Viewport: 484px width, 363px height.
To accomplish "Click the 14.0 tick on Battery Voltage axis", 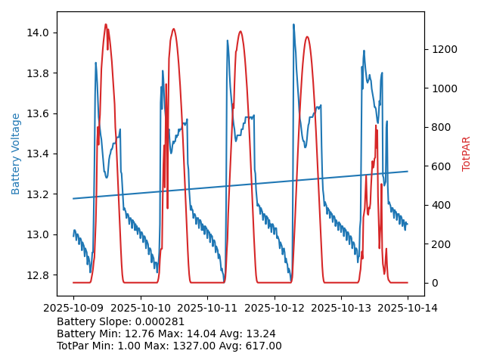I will (39, 33).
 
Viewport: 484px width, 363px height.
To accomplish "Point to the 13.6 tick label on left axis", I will (39, 113).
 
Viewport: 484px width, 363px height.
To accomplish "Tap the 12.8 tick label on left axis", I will (39, 275).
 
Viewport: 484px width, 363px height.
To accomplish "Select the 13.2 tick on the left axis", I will (39, 194).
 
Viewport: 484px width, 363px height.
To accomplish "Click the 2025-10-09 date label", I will (73, 309).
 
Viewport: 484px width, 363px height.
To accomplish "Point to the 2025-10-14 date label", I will (408, 309).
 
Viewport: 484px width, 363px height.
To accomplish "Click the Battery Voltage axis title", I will (16, 154).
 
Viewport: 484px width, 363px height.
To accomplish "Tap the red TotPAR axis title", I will (467, 154).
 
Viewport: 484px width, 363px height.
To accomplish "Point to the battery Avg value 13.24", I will (260, 334).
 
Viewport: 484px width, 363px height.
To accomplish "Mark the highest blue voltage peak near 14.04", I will (293, 24).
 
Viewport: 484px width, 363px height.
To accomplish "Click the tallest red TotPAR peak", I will (106, 24).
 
